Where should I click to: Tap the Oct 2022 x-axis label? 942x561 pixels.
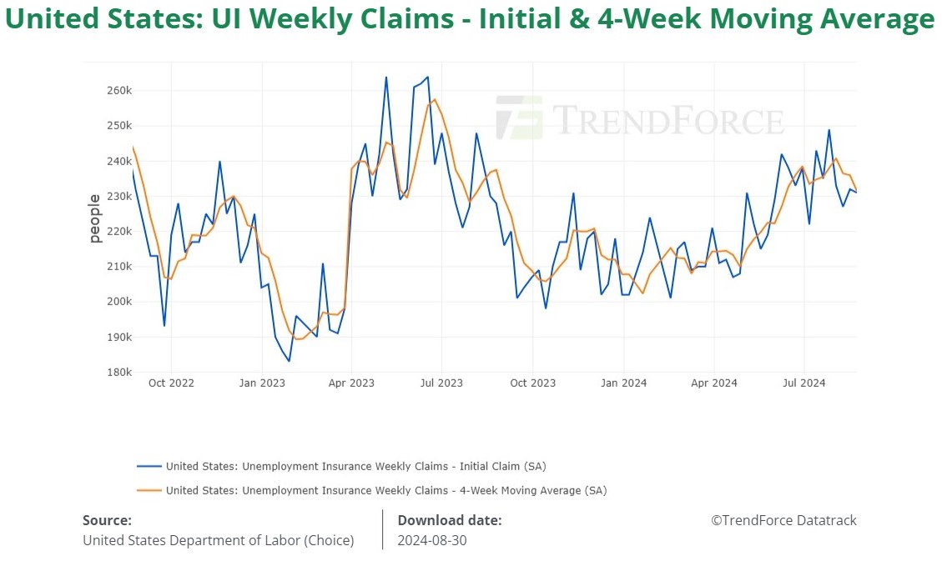click(x=171, y=383)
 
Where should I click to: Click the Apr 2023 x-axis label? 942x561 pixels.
click(x=351, y=383)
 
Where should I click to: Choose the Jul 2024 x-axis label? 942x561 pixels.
click(x=803, y=383)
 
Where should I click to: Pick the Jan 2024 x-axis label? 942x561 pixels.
click(x=623, y=383)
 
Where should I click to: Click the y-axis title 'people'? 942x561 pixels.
click(x=94, y=218)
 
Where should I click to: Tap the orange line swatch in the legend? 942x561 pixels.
click(x=148, y=490)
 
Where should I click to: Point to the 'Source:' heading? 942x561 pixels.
click(x=107, y=520)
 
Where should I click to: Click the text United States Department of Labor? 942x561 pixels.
click(x=218, y=540)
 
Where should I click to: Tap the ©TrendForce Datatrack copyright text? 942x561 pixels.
click(x=783, y=520)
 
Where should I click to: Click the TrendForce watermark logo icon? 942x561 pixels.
click(x=518, y=118)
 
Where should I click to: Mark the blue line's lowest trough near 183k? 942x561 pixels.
click(x=289, y=361)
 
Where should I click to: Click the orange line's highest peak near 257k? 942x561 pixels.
click(x=434, y=99)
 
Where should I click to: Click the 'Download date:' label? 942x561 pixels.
click(x=449, y=520)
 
